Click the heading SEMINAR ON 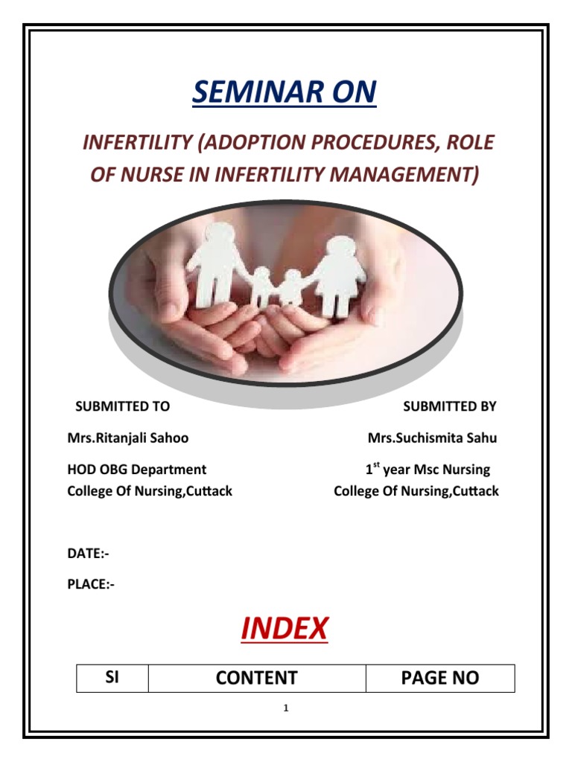click(285, 93)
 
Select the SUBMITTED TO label click(122, 406)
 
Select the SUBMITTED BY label click(449, 406)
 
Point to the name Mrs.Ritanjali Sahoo click(127, 438)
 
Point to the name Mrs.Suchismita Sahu click(432, 438)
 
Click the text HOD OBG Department click(136, 470)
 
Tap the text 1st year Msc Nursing click(428, 470)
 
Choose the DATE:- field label click(88, 554)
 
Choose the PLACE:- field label click(91, 584)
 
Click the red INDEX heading click(284, 630)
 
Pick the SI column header click(112, 677)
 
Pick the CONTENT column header click(257, 678)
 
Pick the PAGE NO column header click(440, 678)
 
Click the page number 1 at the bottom click(285, 708)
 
